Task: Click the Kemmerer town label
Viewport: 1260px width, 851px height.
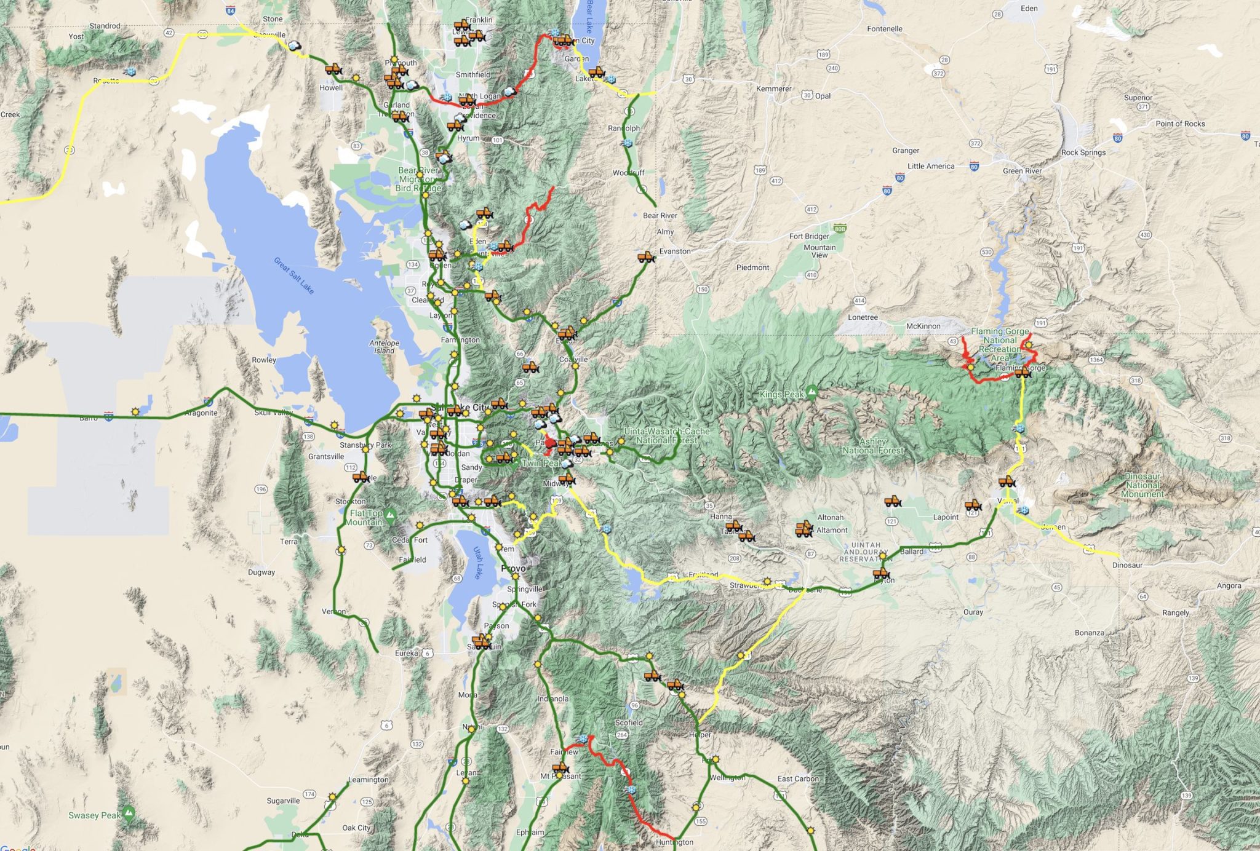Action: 773,89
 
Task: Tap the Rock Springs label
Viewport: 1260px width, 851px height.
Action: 1083,152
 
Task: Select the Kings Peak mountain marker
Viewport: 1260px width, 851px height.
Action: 812,391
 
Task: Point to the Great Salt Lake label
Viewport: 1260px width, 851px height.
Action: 294,275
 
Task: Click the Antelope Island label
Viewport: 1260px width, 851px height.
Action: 384,347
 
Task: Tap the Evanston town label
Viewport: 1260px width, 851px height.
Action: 675,251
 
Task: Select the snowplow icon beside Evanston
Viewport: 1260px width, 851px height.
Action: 645,256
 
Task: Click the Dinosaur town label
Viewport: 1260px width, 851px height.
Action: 1127,564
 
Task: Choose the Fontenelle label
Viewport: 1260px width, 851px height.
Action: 884,29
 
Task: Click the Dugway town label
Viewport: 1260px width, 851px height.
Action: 261,572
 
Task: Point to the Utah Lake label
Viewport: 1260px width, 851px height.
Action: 477,563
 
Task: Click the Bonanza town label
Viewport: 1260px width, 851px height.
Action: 1089,633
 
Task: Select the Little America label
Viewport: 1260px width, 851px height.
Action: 930,166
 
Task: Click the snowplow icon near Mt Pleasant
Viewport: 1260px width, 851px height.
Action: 560,768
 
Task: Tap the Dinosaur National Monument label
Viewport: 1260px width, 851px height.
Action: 1142,485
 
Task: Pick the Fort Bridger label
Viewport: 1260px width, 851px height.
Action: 809,236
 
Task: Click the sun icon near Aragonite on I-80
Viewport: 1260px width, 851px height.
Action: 135,411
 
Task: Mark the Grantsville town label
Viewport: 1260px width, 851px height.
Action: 325,456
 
